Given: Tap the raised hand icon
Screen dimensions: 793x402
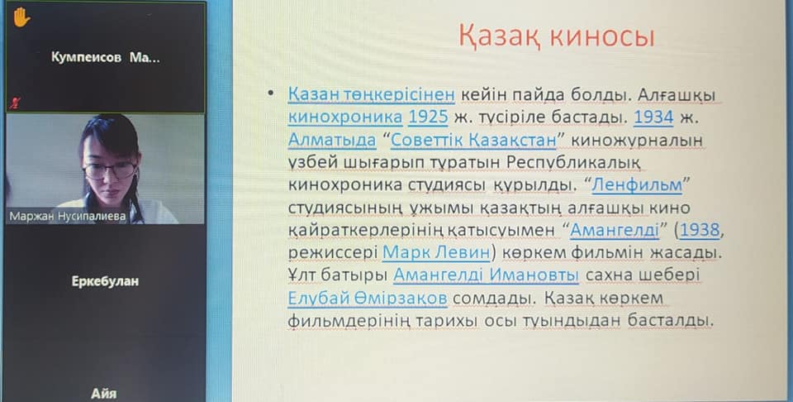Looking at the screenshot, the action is [x=21, y=17].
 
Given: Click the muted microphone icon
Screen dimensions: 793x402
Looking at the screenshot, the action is [x=14, y=103].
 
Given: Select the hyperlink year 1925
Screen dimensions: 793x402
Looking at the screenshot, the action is [x=428, y=117].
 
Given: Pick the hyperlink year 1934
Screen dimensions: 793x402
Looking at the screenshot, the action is [x=653, y=117].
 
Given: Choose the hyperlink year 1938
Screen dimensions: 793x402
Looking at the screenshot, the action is [x=700, y=231].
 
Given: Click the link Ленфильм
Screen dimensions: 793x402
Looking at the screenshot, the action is [x=637, y=185].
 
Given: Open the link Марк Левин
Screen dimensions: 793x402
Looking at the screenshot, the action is [x=436, y=252].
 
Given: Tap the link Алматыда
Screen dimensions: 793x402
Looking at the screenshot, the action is [x=332, y=141].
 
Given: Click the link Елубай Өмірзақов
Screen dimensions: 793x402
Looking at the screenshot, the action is [x=368, y=299].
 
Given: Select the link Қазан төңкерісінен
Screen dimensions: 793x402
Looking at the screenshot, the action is [x=372, y=94].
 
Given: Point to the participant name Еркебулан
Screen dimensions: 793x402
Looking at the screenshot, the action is [x=105, y=281].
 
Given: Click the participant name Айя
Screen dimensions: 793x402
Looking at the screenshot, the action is [x=104, y=394].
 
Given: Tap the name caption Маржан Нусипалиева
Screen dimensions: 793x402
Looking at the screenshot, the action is [x=67, y=217].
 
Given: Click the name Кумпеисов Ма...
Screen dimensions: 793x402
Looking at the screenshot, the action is [x=105, y=58].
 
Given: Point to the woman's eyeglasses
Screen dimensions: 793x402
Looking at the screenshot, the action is [x=110, y=170].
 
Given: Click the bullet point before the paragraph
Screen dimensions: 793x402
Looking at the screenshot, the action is [x=272, y=93].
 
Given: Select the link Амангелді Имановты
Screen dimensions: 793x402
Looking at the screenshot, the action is [x=486, y=275].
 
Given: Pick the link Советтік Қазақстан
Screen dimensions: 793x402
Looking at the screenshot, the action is [x=473, y=141].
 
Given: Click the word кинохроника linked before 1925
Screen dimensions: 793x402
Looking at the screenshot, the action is [x=345, y=117].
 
